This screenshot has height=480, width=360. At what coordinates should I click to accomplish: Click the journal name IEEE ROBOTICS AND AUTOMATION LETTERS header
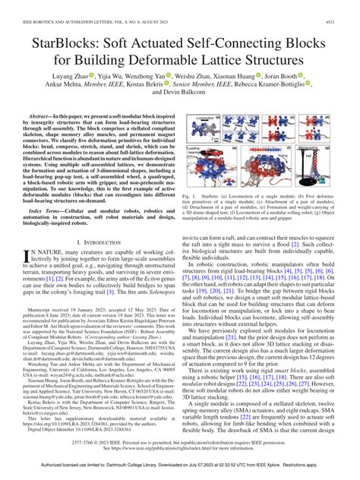[x=91, y=7]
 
